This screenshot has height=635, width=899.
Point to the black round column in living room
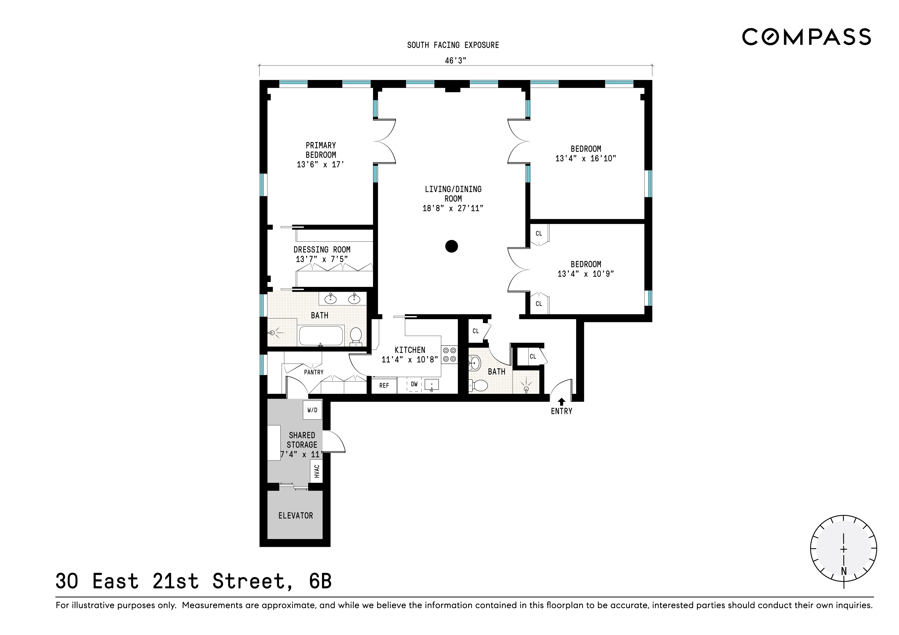coord(451,246)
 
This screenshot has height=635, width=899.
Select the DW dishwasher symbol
coord(414,385)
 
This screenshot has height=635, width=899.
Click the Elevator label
coord(296,516)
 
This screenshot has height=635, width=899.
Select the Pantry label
coord(314,372)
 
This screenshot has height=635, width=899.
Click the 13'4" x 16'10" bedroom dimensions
coord(586,159)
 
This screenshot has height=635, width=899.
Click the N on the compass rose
coord(844,571)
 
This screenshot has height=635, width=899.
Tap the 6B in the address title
coord(320,581)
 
